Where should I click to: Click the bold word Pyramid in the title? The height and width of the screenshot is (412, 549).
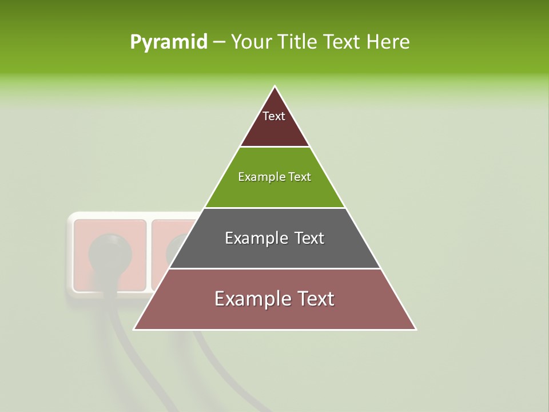click(x=169, y=42)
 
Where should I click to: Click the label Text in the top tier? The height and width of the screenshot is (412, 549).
click(x=274, y=116)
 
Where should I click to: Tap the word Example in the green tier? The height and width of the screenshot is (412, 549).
click(x=256, y=177)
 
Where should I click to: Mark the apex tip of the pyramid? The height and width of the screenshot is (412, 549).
click(x=275, y=86)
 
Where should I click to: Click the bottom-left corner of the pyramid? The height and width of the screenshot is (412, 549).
click(x=134, y=329)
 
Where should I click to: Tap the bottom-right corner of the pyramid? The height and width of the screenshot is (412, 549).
click(x=415, y=329)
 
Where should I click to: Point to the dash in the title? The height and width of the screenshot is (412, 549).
click(x=219, y=42)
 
